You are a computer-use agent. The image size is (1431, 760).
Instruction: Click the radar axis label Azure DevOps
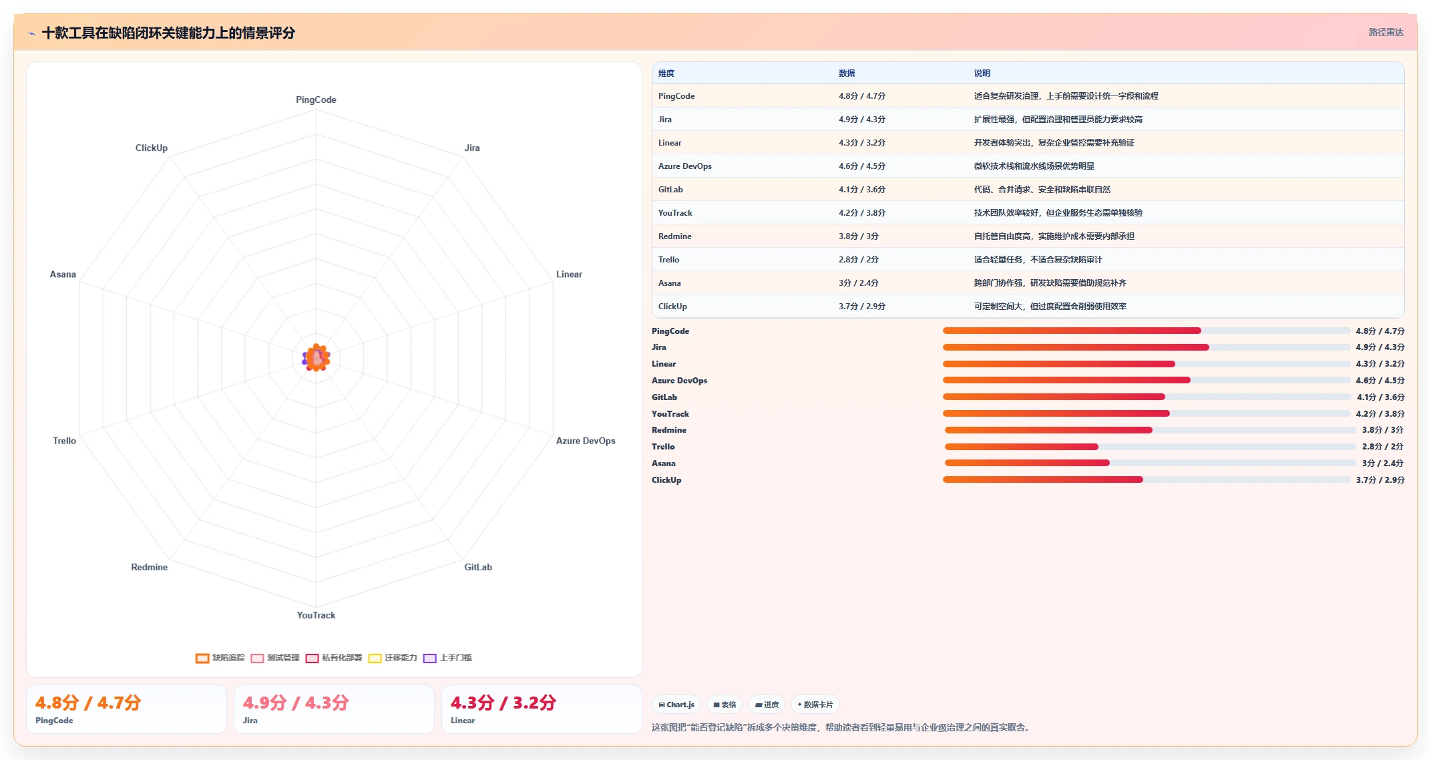[x=586, y=441]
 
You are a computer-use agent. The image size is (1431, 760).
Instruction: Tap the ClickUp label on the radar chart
[x=152, y=148]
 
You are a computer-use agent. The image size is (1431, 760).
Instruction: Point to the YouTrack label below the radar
[x=316, y=615]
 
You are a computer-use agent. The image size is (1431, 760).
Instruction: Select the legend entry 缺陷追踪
[x=220, y=658]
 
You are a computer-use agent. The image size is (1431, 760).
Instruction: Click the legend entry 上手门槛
[x=447, y=658]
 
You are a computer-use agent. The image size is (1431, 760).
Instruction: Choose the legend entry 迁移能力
[x=393, y=658]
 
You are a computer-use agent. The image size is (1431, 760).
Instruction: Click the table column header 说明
[x=982, y=73]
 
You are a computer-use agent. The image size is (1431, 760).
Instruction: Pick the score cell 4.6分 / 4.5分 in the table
[x=862, y=166]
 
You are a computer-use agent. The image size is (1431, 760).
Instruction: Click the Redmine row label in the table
[x=675, y=236]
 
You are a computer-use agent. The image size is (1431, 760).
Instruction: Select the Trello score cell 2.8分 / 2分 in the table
[x=859, y=260]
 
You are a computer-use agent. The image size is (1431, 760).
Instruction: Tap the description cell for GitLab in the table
[x=1042, y=190]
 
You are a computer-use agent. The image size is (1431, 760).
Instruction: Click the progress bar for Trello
[x=1151, y=447]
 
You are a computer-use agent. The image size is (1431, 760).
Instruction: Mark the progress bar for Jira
[x=1147, y=347]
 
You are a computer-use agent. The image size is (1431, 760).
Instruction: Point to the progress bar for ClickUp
[x=1147, y=480]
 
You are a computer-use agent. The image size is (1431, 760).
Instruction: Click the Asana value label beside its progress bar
[x=1383, y=463]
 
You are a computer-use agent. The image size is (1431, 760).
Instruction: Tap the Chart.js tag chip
[x=676, y=705]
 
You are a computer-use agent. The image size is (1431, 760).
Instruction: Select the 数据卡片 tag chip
[x=815, y=705]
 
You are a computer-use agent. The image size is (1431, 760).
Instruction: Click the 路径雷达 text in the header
[x=1386, y=32]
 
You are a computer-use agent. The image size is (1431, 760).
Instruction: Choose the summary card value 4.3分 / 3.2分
[x=503, y=703]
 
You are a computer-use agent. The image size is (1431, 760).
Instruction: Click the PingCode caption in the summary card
[x=54, y=721]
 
